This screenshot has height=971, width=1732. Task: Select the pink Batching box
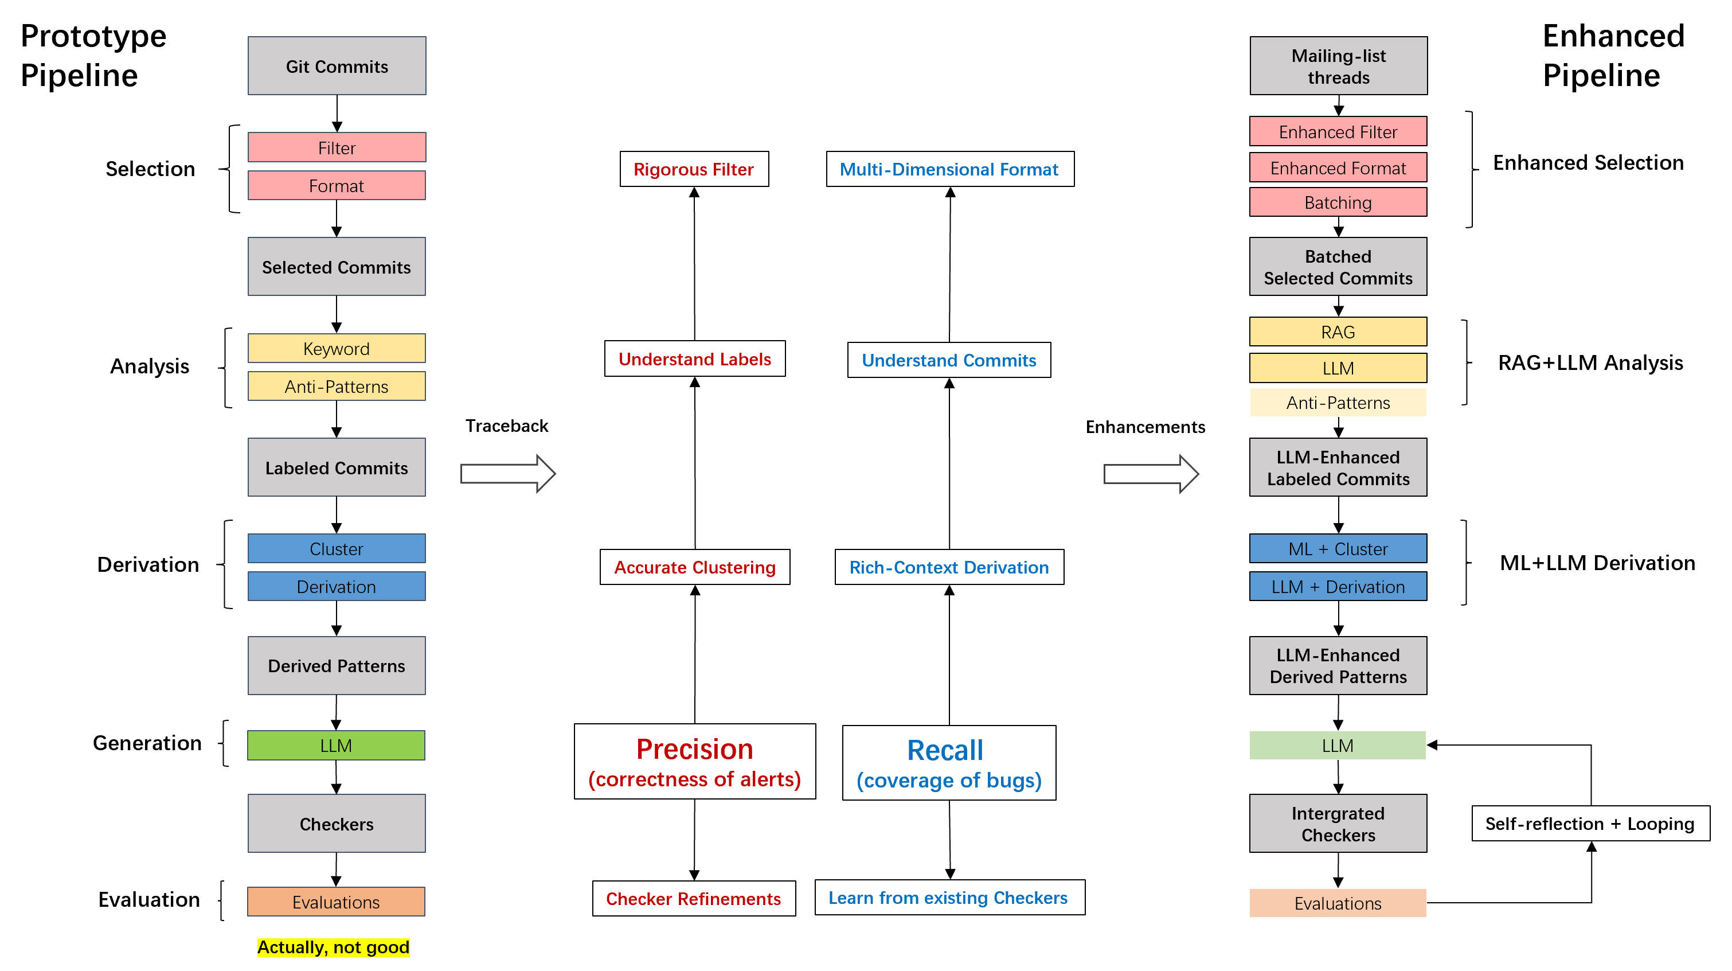(1338, 202)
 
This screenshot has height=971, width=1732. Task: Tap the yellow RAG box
(1338, 332)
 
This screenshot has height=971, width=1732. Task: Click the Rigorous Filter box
(694, 169)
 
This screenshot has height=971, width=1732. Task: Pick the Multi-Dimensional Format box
(949, 169)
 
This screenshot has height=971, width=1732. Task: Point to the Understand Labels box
(694, 359)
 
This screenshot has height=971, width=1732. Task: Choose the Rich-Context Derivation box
(949, 568)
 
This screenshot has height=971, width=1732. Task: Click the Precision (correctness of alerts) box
(694, 762)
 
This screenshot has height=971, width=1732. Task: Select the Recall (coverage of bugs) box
(949, 763)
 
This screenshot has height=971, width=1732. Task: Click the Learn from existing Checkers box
(949, 898)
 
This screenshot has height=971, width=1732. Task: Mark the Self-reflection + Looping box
(1590, 824)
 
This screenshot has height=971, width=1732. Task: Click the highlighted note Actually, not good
(334, 947)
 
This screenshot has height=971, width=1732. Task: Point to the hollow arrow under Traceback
(507, 474)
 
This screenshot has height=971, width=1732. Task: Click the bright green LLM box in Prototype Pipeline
(336, 746)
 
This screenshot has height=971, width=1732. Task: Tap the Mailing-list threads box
(1338, 66)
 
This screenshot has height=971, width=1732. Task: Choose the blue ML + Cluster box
(1338, 549)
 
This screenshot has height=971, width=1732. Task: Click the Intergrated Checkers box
(1338, 824)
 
